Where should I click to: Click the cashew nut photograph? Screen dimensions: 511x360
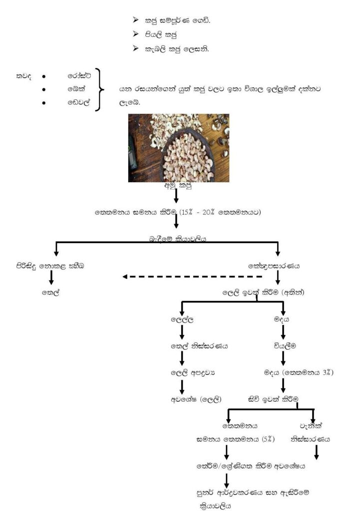point(179,148)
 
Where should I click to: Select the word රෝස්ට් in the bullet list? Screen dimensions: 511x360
point(77,76)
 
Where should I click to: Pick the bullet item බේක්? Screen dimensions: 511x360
point(75,90)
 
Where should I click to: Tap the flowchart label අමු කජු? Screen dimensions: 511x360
point(176,186)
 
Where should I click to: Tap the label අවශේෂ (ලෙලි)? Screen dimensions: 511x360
point(196,399)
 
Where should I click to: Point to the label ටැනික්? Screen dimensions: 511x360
point(312,426)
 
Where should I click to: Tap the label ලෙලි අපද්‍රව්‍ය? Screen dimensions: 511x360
point(192,372)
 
